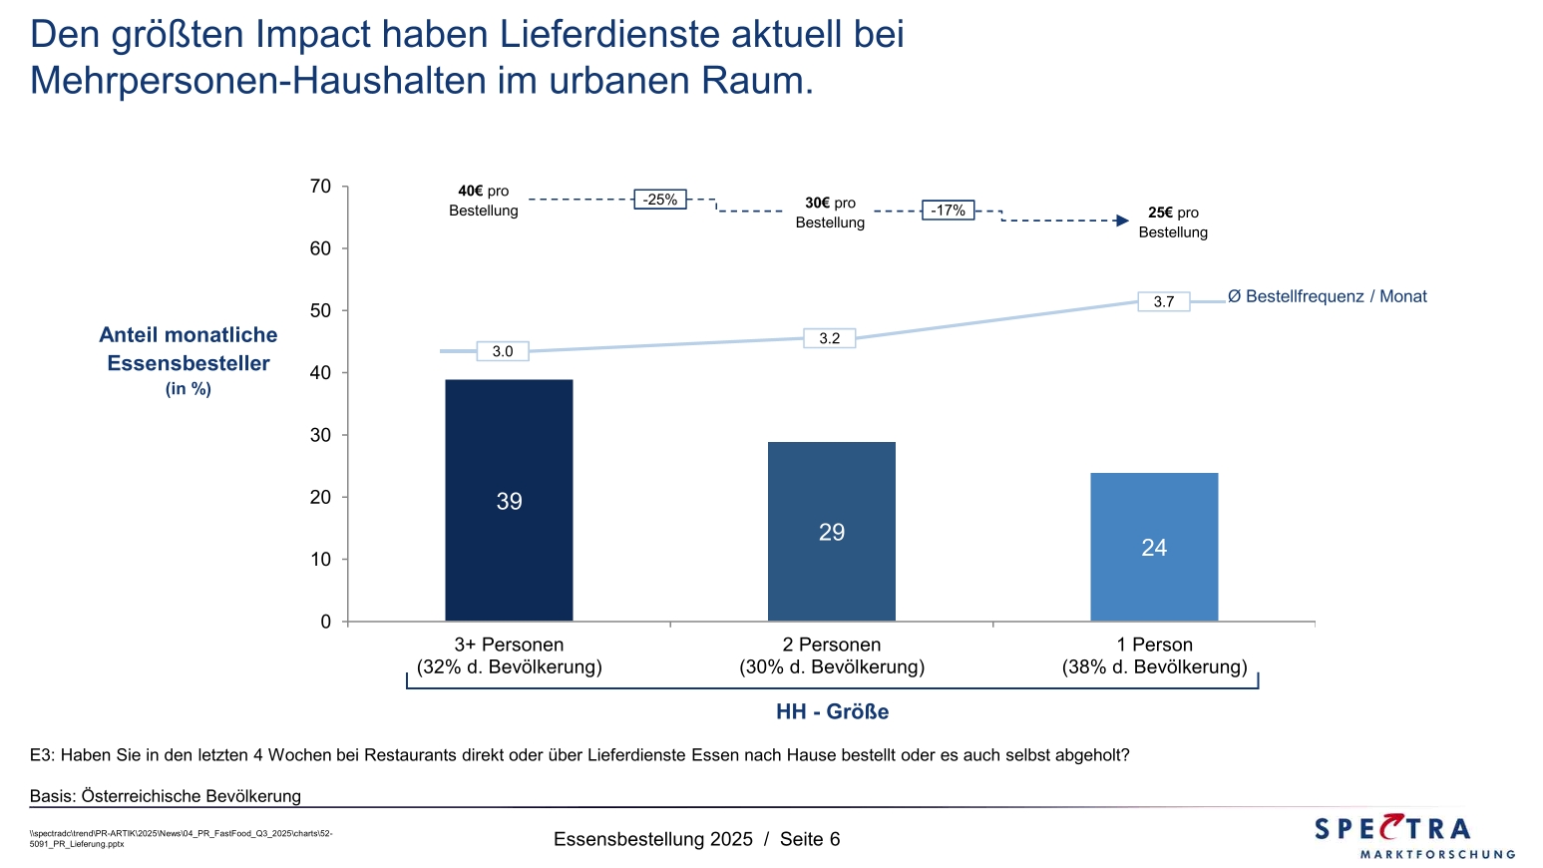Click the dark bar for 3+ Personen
(509, 500)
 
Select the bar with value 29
(831, 531)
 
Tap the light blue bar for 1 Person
(1154, 547)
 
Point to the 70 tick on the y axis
(320, 187)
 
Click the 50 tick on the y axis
(320, 310)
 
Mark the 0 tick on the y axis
(326, 622)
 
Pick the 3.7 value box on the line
(1163, 301)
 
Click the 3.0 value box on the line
(503, 351)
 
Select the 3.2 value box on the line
(829, 338)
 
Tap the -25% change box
(660, 200)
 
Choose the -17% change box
(948, 211)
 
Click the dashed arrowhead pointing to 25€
(1122, 220)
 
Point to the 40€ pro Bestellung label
(484, 201)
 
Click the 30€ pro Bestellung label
(830, 213)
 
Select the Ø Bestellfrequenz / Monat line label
(1327, 296)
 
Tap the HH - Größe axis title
(832, 711)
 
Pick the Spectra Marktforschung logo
(1413, 836)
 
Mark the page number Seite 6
(810, 839)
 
